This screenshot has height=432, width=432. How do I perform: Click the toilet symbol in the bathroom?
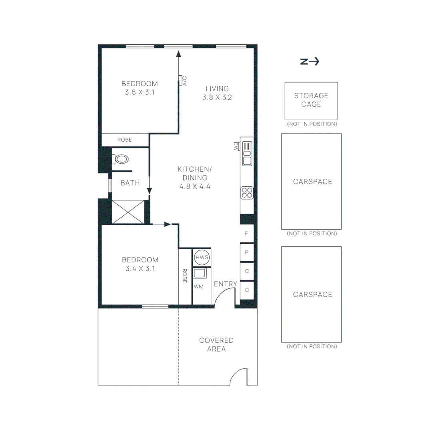[121, 159]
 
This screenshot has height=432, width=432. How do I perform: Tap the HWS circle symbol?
[202, 257]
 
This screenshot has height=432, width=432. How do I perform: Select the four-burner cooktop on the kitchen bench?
[247, 193]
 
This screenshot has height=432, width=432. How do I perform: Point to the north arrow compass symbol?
[310, 62]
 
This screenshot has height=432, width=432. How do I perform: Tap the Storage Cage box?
[311, 100]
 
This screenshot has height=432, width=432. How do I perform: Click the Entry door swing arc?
[223, 296]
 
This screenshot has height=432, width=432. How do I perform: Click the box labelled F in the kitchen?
[247, 234]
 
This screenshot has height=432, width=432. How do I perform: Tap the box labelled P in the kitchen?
[247, 252]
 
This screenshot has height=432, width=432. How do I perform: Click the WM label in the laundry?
[199, 287]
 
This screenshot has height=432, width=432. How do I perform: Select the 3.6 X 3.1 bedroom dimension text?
[140, 92]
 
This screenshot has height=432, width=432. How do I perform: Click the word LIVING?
[217, 89]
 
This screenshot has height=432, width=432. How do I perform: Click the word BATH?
[130, 183]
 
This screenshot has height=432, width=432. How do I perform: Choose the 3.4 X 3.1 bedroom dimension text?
[140, 268]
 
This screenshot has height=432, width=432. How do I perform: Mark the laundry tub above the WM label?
[200, 274]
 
